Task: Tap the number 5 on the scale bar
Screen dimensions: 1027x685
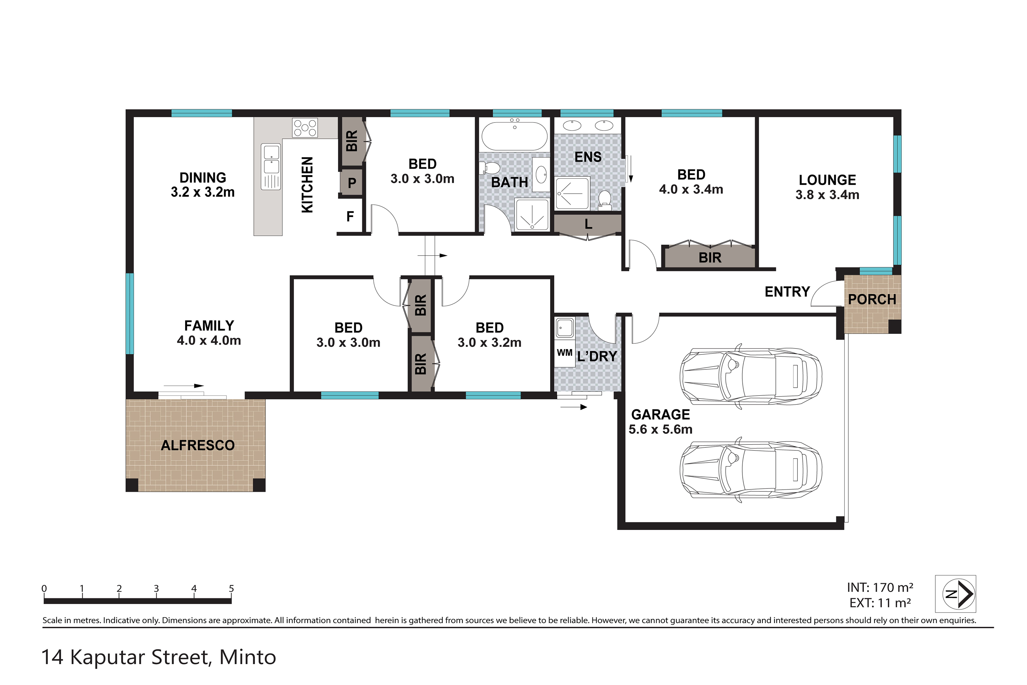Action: [231, 588]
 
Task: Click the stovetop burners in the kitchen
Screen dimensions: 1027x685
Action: [305, 128]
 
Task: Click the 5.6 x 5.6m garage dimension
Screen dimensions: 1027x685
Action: [660, 429]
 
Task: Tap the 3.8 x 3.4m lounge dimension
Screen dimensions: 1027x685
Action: [827, 195]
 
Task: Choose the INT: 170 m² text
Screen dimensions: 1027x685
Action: [880, 588]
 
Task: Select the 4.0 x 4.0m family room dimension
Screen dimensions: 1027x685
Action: [209, 340]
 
